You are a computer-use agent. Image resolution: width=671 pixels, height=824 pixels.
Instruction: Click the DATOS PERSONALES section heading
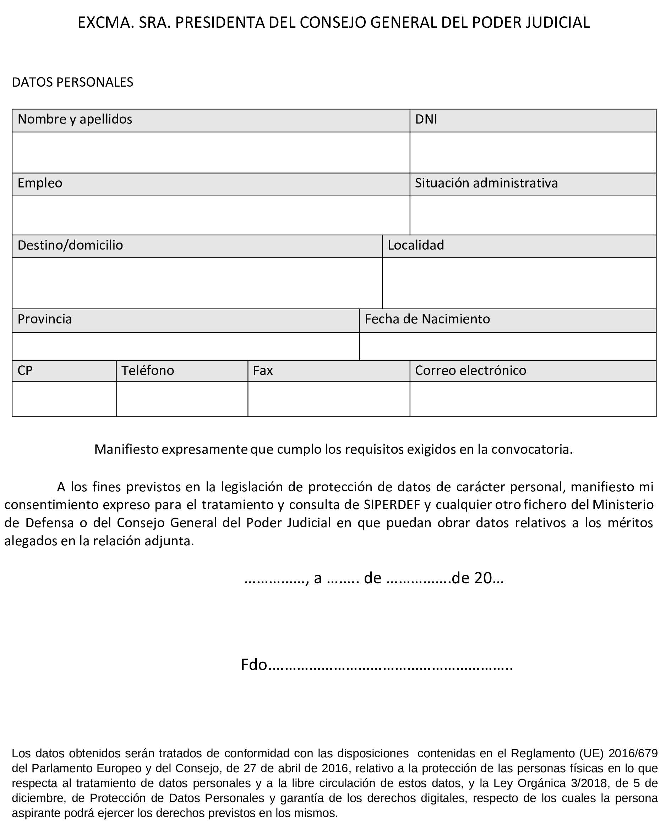(73, 82)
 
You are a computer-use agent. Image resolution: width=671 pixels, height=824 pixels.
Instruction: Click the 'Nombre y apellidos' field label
(75, 119)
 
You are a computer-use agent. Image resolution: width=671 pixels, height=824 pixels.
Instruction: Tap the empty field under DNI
(533, 152)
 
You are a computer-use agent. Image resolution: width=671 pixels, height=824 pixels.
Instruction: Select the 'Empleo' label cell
(40, 183)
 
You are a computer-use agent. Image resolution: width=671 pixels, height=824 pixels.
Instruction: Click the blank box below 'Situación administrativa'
(533, 215)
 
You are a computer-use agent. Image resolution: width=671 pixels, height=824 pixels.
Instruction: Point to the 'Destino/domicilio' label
(70, 245)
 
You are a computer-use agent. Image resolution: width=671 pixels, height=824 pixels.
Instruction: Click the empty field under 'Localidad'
(519, 283)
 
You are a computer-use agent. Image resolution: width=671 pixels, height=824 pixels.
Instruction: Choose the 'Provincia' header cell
(45, 319)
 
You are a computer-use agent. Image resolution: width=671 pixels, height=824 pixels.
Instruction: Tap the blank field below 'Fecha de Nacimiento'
(507, 346)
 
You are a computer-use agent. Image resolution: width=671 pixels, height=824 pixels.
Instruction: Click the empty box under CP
(64, 399)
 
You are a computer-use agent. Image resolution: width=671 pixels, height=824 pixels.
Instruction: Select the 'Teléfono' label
(148, 371)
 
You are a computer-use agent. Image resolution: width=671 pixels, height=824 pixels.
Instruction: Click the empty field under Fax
(328, 399)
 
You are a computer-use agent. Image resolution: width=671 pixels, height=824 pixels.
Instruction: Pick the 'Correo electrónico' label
(470, 371)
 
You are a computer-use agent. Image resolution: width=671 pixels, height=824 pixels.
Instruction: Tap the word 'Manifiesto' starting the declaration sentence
(127, 449)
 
